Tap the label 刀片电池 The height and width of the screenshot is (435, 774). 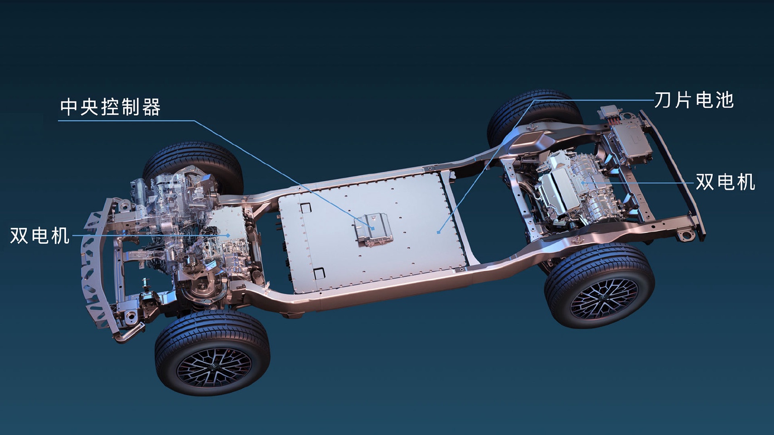click(x=694, y=101)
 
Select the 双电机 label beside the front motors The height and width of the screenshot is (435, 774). click(x=40, y=236)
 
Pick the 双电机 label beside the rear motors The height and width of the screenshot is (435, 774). click(x=725, y=182)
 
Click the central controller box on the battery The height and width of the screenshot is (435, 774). click(x=373, y=229)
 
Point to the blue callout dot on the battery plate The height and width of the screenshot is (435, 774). click(x=438, y=232)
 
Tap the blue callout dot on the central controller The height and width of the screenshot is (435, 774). click(x=373, y=228)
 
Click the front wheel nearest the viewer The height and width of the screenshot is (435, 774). click(x=213, y=353)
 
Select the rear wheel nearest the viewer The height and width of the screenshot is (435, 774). click(x=599, y=285)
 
